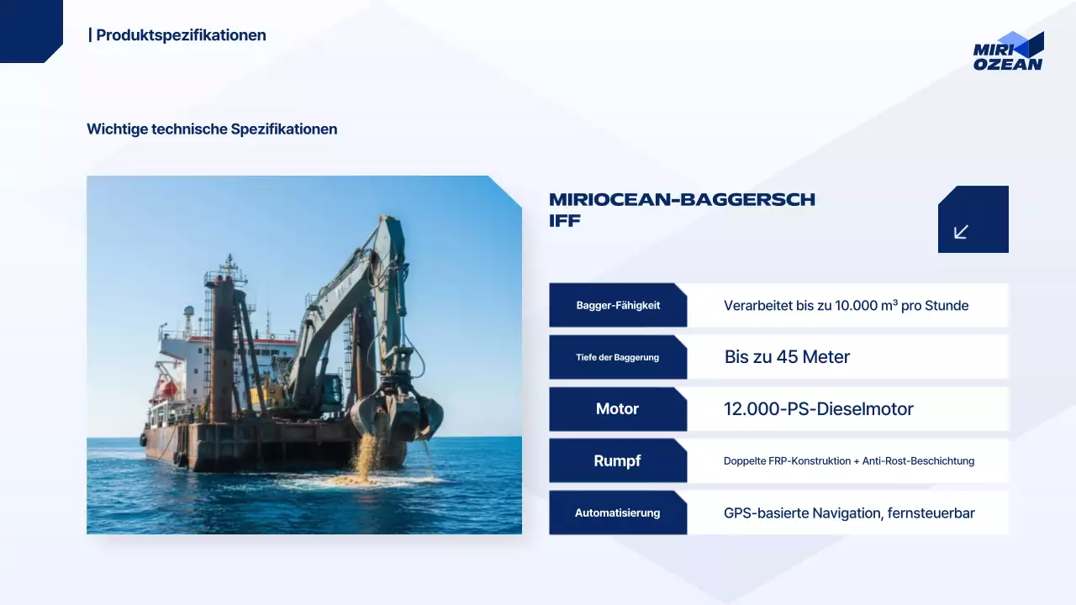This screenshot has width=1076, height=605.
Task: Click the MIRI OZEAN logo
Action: pyautogui.click(x=1008, y=52)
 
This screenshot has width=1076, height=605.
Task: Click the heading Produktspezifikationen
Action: pyautogui.click(x=181, y=35)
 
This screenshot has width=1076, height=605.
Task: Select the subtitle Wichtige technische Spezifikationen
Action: pyautogui.click(x=212, y=129)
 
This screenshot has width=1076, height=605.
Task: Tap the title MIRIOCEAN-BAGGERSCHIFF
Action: pyautogui.click(x=682, y=210)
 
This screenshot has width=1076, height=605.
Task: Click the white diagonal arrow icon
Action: pyautogui.click(x=962, y=231)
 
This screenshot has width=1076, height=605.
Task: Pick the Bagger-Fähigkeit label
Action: pyautogui.click(x=618, y=305)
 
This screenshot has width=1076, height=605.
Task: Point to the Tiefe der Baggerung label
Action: pyautogui.click(x=618, y=357)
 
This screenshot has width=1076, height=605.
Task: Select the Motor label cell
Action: pyautogui.click(x=618, y=409)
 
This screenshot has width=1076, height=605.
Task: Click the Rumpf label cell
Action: pyautogui.click(x=618, y=460)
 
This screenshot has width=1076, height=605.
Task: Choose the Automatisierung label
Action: pyautogui.click(x=618, y=513)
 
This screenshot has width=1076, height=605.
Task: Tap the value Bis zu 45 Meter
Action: pyautogui.click(x=787, y=357)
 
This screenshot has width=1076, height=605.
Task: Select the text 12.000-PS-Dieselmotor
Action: pyautogui.click(x=818, y=409)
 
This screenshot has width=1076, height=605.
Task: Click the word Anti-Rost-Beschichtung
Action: pyautogui.click(x=918, y=461)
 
